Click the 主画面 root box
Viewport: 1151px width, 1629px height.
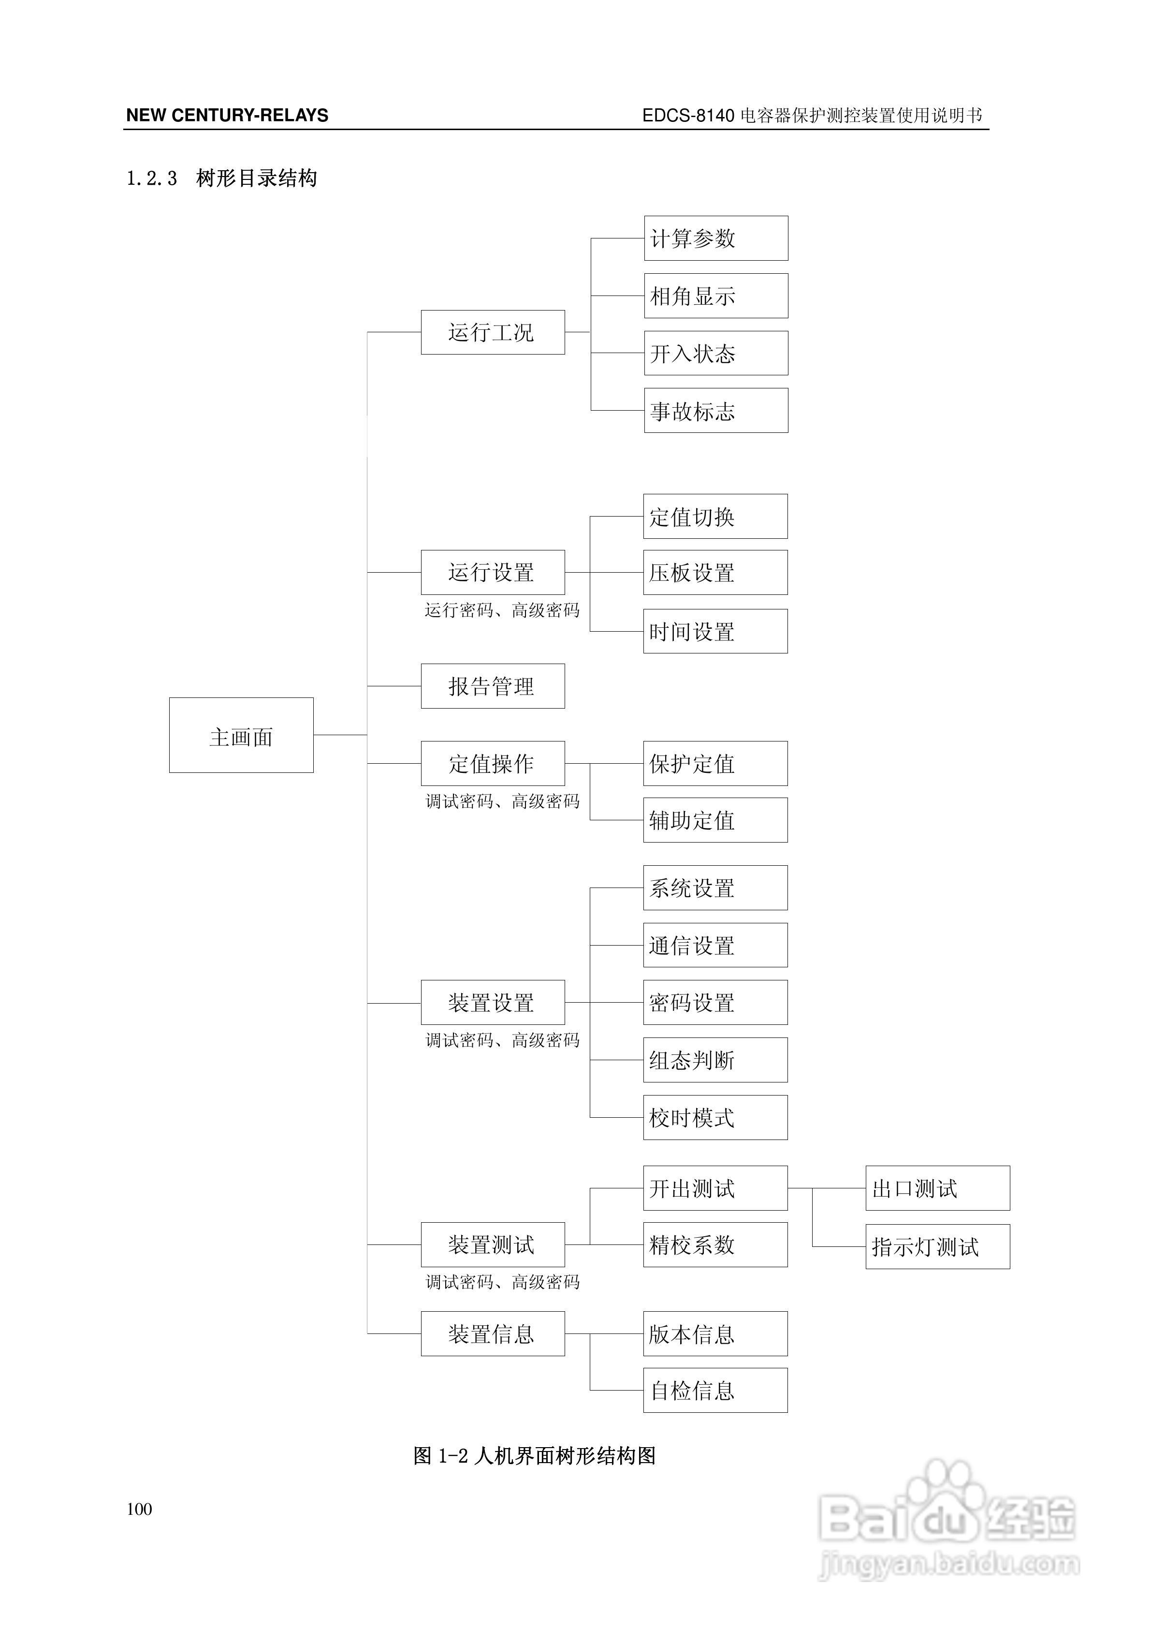tap(241, 735)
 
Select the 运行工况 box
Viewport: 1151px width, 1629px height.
tap(493, 332)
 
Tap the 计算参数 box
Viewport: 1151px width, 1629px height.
tap(715, 238)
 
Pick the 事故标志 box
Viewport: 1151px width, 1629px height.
tap(715, 411)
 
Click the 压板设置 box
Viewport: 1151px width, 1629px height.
tap(715, 573)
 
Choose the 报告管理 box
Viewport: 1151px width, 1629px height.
tap(493, 686)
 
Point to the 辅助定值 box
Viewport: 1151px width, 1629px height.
tap(715, 820)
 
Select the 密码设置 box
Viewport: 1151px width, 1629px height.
tap(715, 1003)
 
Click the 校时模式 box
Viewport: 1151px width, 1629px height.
tap(715, 1117)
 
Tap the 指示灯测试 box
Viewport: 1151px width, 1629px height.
tap(937, 1246)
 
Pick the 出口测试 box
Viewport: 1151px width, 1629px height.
tap(937, 1188)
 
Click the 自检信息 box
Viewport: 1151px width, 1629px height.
tap(715, 1390)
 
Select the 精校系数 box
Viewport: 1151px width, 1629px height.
tap(715, 1244)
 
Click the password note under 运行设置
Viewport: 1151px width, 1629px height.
tap(502, 610)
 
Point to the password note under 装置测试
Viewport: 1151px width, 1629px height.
tap(502, 1282)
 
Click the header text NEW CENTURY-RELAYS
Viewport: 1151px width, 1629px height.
tap(227, 116)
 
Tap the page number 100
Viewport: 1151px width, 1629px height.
tap(140, 1509)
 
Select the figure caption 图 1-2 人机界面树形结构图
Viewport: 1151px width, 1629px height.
tap(535, 1456)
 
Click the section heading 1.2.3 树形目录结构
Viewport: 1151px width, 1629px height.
tap(221, 178)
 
